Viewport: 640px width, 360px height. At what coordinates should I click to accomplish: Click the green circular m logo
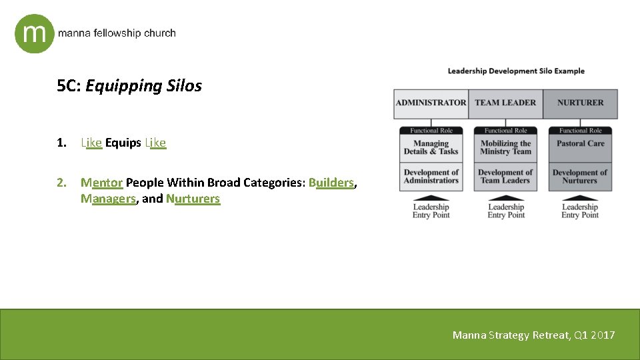pyautogui.click(x=34, y=33)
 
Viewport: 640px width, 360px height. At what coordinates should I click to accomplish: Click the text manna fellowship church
pyautogui.click(x=117, y=33)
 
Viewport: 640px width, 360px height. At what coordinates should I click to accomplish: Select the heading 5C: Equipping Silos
pyautogui.click(x=129, y=86)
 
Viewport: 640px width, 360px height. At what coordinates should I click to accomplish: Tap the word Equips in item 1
pyautogui.click(x=123, y=143)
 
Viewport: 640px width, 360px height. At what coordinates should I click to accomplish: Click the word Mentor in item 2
pyautogui.click(x=101, y=183)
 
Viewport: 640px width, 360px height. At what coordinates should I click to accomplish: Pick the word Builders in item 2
pyautogui.click(x=331, y=183)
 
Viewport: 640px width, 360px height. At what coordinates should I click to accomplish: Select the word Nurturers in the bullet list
pyautogui.click(x=193, y=199)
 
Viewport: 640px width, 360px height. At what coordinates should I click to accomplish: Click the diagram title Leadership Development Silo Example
pyautogui.click(x=515, y=71)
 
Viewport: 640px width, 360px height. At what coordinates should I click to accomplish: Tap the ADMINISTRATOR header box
pyautogui.click(x=431, y=103)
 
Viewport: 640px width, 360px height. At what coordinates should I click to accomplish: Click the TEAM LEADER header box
pyautogui.click(x=505, y=103)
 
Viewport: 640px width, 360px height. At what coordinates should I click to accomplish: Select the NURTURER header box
pyautogui.click(x=580, y=103)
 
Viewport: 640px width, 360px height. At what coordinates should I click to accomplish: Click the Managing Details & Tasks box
pyautogui.click(x=431, y=147)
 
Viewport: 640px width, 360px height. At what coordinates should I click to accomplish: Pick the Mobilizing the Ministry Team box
pyautogui.click(x=505, y=147)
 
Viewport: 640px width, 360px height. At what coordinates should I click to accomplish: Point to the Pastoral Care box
pyautogui.click(x=580, y=144)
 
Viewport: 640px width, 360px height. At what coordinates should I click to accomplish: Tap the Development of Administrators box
pyautogui.click(x=431, y=177)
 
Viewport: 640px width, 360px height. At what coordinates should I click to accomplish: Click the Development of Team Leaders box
pyautogui.click(x=505, y=177)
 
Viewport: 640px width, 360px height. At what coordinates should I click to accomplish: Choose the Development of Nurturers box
pyautogui.click(x=580, y=177)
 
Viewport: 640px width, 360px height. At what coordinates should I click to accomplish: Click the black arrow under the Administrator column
pyautogui.click(x=431, y=197)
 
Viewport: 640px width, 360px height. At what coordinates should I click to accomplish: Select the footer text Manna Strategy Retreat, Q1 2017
pyautogui.click(x=533, y=335)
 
